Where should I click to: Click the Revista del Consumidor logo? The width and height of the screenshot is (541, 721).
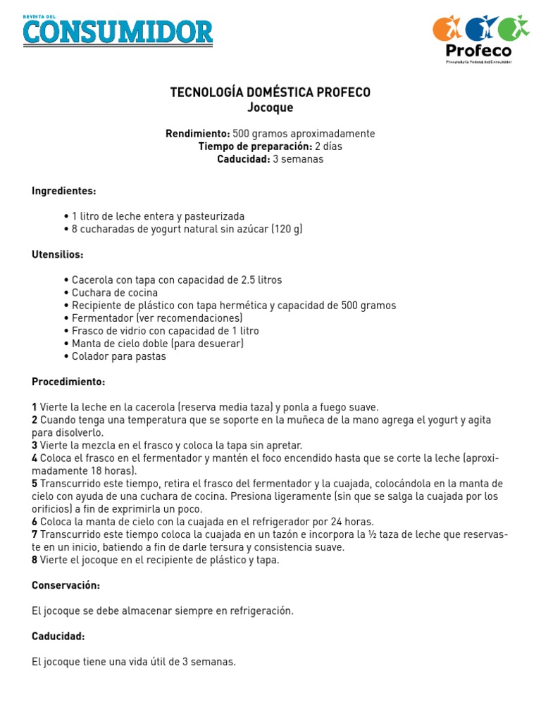click(x=118, y=30)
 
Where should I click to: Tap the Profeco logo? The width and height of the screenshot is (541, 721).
click(x=480, y=39)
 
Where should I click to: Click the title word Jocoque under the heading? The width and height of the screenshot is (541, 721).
click(x=270, y=108)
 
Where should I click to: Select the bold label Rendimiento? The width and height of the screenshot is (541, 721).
click(x=197, y=134)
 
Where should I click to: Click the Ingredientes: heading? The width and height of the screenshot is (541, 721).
click(x=64, y=191)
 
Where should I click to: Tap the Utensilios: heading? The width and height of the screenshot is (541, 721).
click(x=58, y=254)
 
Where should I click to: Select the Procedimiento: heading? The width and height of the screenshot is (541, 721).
click(x=68, y=382)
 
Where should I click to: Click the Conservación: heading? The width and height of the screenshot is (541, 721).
click(x=66, y=585)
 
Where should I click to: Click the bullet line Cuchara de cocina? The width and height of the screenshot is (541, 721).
click(x=115, y=292)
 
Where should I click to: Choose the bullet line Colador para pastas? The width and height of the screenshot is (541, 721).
click(x=119, y=356)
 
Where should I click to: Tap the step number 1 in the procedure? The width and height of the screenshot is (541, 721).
click(x=35, y=407)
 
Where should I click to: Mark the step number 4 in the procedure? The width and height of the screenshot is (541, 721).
click(x=35, y=458)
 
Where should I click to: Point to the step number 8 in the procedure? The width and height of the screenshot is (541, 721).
click(x=35, y=560)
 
